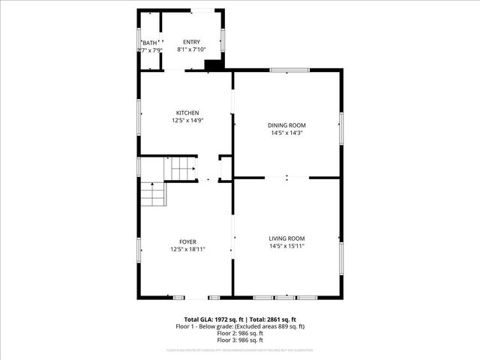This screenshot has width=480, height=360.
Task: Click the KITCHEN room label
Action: (x=187, y=112)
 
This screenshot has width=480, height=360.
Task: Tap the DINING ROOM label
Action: (x=287, y=125)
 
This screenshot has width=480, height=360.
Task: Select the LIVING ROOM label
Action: (x=287, y=238)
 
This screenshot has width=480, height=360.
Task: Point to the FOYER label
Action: (x=187, y=241)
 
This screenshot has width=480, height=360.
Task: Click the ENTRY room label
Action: (x=192, y=42)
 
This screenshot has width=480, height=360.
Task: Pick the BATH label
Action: (x=151, y=43)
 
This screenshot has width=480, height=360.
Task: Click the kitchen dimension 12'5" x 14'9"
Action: (x=187, y=120)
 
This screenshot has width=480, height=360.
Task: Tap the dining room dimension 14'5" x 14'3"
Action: (x=287, y=133)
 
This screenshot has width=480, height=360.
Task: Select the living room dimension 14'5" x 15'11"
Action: (x=287, y=245)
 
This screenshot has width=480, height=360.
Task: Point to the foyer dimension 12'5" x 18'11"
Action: (x=187, y=249)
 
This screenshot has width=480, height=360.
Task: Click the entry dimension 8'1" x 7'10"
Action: (x=192, y=49)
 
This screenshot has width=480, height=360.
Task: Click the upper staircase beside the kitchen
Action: (x=181, y=169)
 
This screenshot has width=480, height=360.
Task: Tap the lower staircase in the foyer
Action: (x=152, y=194)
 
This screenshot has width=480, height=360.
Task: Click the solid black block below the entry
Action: (x=214, y=65)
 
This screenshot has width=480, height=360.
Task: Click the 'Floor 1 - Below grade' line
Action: (x=240, y=326)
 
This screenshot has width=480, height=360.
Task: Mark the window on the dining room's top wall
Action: (x=289, y=70)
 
